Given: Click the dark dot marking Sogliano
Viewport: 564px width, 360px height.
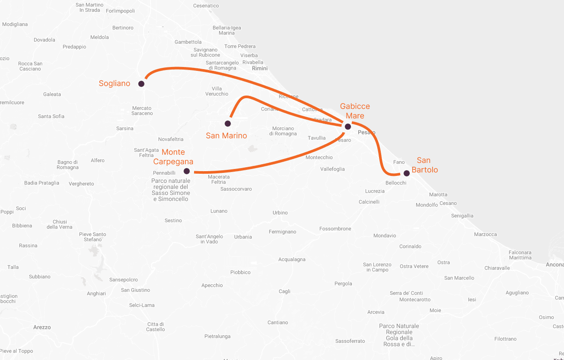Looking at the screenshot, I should (141, 84).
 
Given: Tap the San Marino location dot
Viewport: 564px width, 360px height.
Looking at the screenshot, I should (228, 124).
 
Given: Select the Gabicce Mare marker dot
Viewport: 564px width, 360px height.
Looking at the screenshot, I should (347, 127).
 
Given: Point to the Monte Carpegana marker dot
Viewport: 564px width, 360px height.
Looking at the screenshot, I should (187, 171).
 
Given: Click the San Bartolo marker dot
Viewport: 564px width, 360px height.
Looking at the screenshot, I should (406, 173).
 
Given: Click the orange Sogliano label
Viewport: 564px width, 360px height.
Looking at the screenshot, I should (115, 83).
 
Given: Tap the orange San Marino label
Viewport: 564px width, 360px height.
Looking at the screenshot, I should (226, 136).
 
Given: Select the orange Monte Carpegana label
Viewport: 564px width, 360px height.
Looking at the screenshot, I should (173, 157).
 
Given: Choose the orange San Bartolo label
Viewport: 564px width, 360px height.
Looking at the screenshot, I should (424, 165).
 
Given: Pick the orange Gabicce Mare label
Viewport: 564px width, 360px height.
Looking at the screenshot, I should (355, 111).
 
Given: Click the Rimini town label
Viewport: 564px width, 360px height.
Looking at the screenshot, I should (260, 68).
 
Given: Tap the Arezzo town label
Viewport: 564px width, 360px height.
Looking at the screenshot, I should (42, 327).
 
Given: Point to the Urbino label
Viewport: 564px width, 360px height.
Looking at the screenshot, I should (280, 213).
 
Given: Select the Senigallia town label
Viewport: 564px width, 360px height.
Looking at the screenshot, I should (462, 216).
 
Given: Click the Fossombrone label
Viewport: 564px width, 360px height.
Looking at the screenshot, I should (335, 229).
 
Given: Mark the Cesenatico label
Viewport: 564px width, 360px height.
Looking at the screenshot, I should (206, 6).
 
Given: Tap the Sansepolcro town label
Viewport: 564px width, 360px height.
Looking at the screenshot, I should (123, 280).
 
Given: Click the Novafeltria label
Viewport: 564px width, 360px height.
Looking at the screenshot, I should (171, 139).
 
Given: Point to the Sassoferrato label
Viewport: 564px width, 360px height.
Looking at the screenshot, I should (350, 341).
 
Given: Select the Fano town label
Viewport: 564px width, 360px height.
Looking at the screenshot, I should (399, 162).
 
